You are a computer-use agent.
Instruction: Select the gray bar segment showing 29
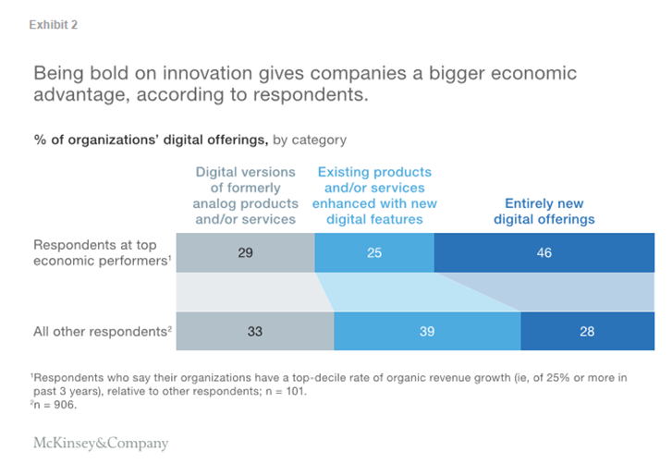pos(244,252)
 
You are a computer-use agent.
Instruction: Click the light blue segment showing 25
pos(373,252)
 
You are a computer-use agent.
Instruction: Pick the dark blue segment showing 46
pos(543,252)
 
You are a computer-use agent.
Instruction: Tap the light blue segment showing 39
pos(427,330)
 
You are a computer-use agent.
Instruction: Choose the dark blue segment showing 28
pos(587,330)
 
